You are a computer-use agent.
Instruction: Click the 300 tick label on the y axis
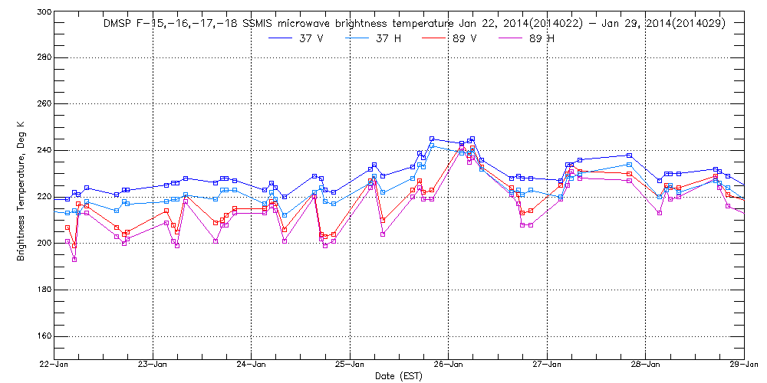point(44,12)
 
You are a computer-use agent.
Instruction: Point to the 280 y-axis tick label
point(44,57)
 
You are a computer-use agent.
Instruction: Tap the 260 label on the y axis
point(44,104)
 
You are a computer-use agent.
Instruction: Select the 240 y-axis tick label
point(44,150)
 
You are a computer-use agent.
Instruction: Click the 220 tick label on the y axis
point(44,197)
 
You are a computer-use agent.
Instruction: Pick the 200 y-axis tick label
point(44,243)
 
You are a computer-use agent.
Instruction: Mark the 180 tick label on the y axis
point(44,290)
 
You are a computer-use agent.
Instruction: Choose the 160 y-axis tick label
point(44,336)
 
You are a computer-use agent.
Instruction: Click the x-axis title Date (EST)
point(399,376)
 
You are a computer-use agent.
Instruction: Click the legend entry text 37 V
point(312,39)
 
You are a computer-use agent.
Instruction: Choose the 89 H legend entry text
point(542,39)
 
